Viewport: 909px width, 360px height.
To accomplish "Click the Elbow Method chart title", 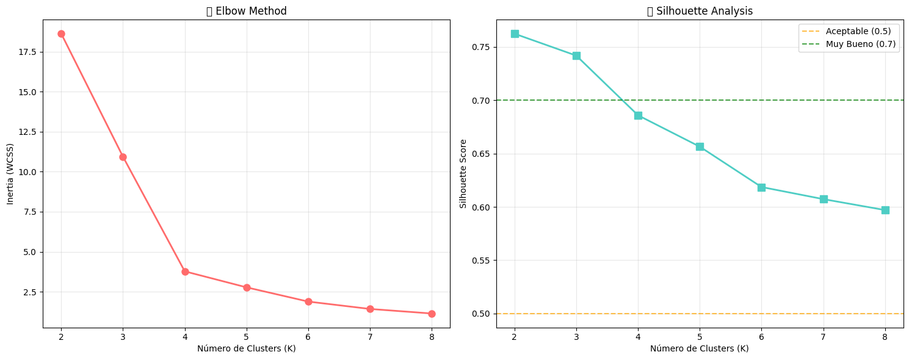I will pyautogui.click(x=247, y=11).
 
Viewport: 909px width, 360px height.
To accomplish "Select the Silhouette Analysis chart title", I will pyautogui.click(x=700, y=11).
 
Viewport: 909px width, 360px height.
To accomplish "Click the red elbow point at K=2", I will pyautogui.click(x=61, y=34).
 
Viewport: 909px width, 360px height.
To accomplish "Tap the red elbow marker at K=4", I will pyautogui.click(x=185, y=272).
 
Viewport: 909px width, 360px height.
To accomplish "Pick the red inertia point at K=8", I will pyautogui.click(x=432, y=314).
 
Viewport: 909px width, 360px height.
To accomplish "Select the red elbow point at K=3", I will pyautogui.click(x=123, y=157).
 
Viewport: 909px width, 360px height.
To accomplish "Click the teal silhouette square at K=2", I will pyautogui.click(x=515, y=34).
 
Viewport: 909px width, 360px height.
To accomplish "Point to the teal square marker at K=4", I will pyautogui.click(x=638, y=115).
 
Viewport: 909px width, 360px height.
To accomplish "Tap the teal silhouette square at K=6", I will pyautogui.click(x=761, y=187).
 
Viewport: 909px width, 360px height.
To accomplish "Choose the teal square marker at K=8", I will pyautogui.click(x=885, y=210).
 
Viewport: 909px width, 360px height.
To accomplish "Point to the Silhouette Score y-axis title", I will pyautogui.click(x=463, y=174).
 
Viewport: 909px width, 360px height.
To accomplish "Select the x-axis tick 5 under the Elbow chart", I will pyautogui.click(x=247, y=336).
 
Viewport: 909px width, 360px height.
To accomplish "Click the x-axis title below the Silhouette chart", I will pyautogui.click(x=700, y=348).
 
